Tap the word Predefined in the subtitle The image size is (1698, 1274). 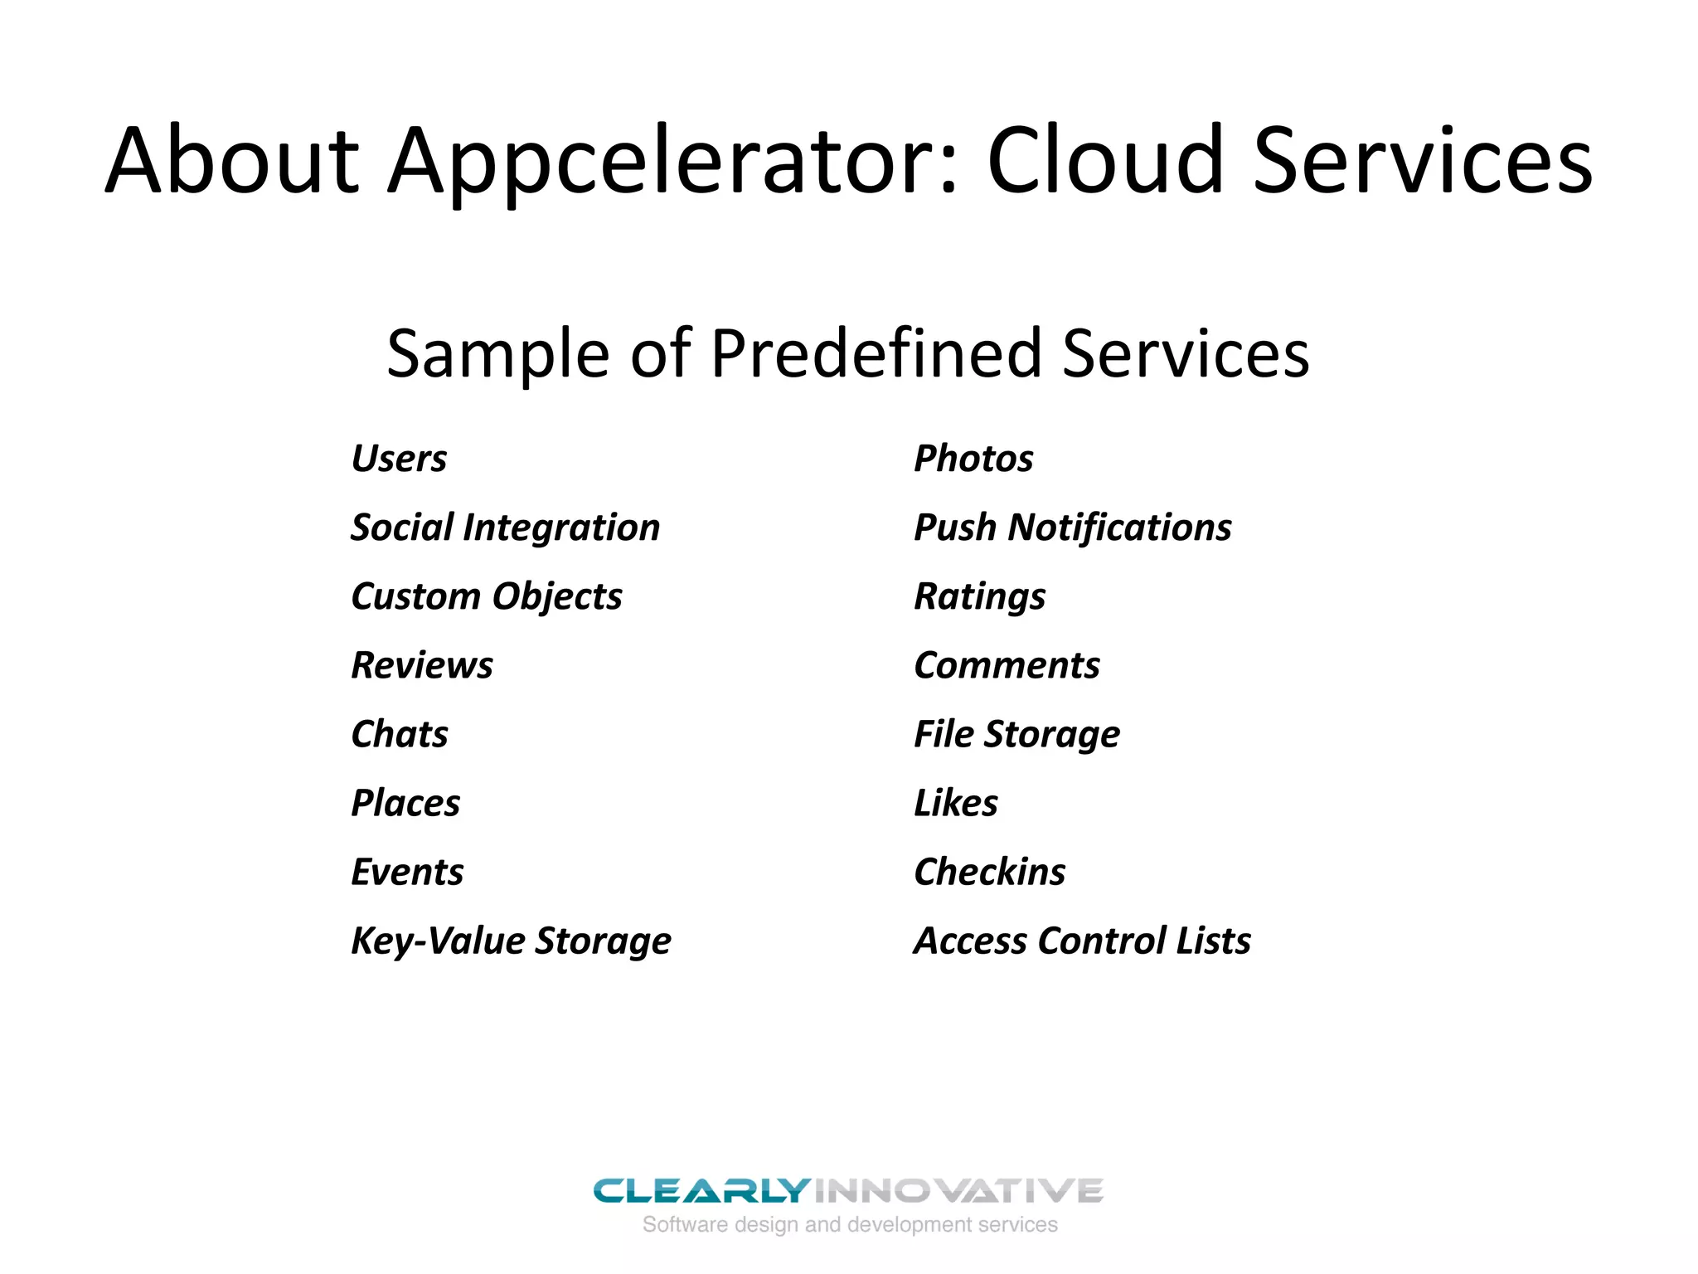[x=876, y=353]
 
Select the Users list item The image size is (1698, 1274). [x=399, y=459]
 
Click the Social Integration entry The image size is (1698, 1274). [x=505, y=528]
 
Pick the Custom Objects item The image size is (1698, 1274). [x=487, y=597]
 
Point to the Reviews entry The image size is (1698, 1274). [x=422, y=665]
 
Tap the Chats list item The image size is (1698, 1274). [x=400, y=734]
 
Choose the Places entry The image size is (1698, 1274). [x=405, y=803]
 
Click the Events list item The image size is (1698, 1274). [x=407, y=872]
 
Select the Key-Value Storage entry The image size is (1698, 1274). [x=511, y=941]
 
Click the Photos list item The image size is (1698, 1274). [x=973, y=459]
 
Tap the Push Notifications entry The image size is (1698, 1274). [x=1072, y=528]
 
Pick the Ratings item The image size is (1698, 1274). [x=979, y=597]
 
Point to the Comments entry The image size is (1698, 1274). [x=1007, y=665]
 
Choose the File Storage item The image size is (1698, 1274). [x=1016, y=735]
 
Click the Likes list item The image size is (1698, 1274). [x=955, y=803]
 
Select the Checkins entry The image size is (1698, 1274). [x=989, y=872]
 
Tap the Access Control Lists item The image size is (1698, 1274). [x=1082, y=941]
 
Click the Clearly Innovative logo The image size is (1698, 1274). [x=848, y=1203]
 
